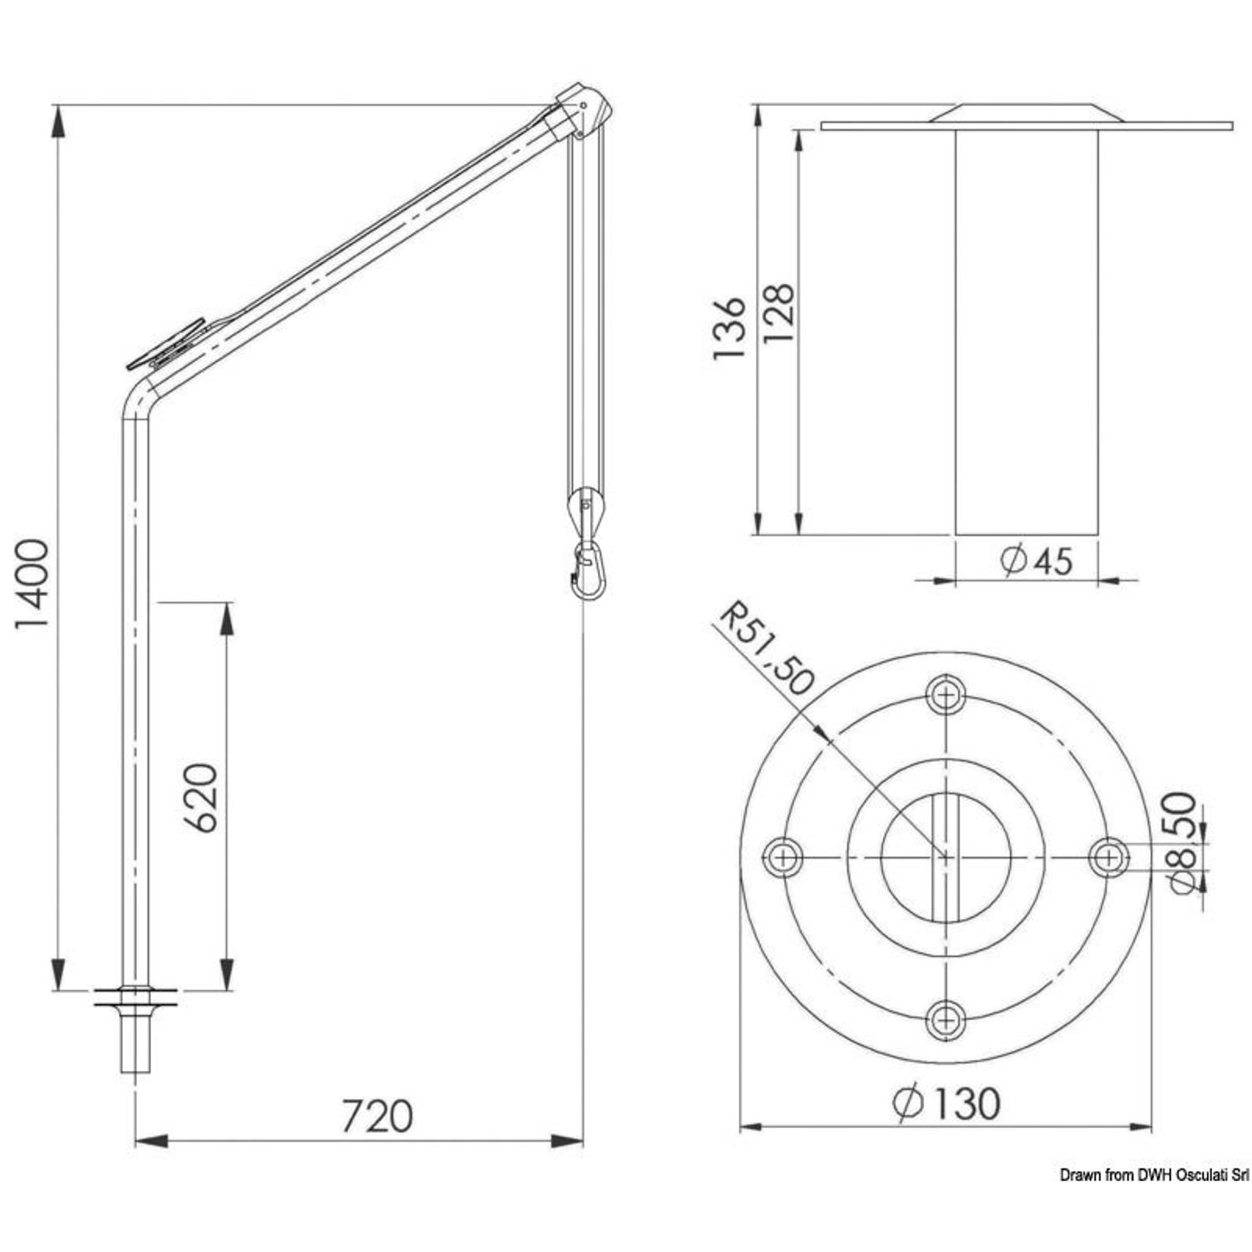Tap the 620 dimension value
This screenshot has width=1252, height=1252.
[x=200, y=797]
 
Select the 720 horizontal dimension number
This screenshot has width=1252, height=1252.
[x=377, y=1116]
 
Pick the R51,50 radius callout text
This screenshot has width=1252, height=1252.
[x=765, y=649]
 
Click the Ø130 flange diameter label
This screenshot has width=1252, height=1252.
[x=945, y=1103]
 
